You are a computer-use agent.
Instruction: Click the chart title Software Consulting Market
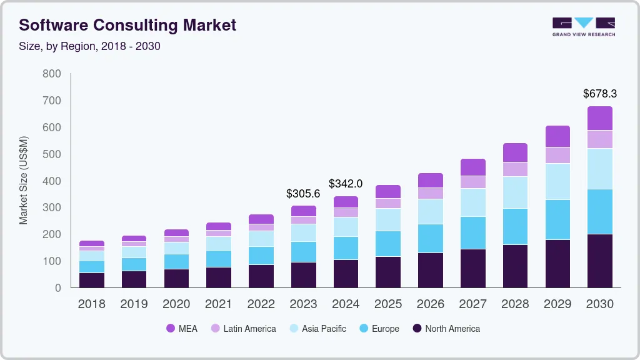click(127, 25)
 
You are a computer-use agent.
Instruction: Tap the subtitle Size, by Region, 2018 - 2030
click(90, 46)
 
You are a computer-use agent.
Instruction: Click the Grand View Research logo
click(583, 26)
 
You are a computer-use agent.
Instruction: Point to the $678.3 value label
click(599, 94)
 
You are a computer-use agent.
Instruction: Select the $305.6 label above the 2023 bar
click(303, 194)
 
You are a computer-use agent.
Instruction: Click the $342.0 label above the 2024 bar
click(346, 184)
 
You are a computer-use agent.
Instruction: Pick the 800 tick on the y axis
click(51, 74)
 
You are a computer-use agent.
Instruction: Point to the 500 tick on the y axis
click(51, 154)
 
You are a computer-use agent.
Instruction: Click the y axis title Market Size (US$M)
click(24, 180)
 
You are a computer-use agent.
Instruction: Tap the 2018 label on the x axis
click(91, 304)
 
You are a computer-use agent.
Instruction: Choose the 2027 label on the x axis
click(472, 304)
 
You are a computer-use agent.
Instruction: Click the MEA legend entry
click(182, 328)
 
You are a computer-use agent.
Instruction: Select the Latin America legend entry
click(243, 328)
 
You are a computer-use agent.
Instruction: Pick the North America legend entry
click(446, 328)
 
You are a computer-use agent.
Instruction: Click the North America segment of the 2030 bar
click(599, 261)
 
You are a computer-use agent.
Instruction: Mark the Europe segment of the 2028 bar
click(515, 226)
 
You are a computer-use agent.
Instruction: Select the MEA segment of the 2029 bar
click(557, 136)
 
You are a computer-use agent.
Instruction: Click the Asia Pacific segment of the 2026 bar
click(430, 211)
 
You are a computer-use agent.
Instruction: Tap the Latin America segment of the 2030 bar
click(599, 139)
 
